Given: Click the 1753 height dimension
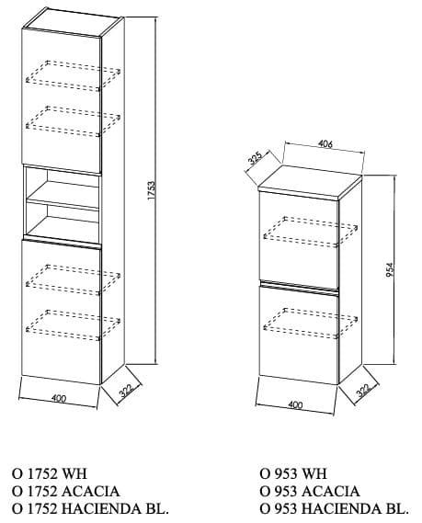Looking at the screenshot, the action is pyautogui.click(x=152, y=190).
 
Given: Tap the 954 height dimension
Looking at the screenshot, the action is pyautogui.click(x=390, y=270).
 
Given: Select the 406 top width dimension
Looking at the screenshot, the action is pyautogui.click(x=325, y=144).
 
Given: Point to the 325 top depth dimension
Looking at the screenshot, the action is pyautogui.click(x=256, y=158).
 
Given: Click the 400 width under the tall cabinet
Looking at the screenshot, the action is pyautogui.click(x=59, y=398).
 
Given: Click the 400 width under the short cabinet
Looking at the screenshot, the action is pyautogui.click(x=295, y=404).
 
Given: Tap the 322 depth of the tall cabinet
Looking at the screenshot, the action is pyautogui.click(x=127, y=390).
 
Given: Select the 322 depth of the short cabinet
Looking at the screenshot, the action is pyautogui.click(x=363, y=390).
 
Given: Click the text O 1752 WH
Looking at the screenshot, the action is pyautogui.click(x=50, y=473).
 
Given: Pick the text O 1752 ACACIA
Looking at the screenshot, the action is pyautogui.click(x=65, y=491).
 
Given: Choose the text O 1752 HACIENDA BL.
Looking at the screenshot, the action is pyautogui.click(x=90, y=508).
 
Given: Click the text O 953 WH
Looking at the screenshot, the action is pyautogui.click(x=293, y=473).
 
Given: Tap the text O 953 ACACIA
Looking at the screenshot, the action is pyautogui.click(x=310, y=491).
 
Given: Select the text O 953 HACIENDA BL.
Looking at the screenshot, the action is pyautogui.click(x=335, y=508).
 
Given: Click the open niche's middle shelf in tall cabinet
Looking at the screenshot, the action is pyautogui.click(x=63, y=197).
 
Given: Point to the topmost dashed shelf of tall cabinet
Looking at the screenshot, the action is pyautogui.click(x=73, y=75).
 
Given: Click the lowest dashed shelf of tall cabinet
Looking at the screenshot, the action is pyautogui.click(x=73, y=325).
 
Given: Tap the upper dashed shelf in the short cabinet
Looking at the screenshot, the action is pyautogui.click(x=311, y=233).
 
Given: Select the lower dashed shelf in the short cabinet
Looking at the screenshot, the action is pyautogui.click(x=311, y=324).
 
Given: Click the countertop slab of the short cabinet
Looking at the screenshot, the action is pyautogui.click(x=310, y=182).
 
